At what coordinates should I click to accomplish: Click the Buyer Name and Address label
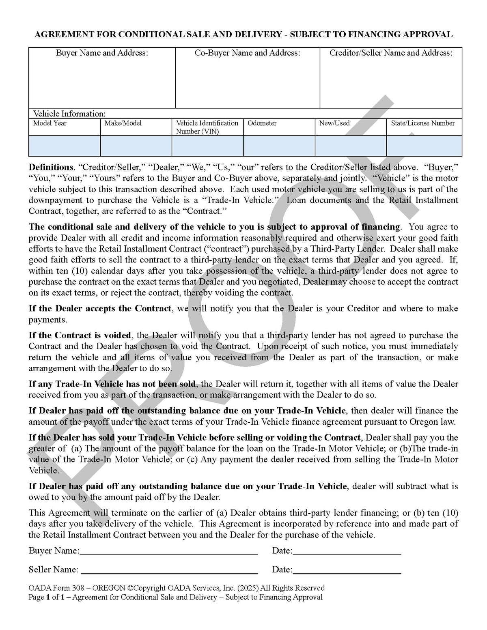(x=102, y=53)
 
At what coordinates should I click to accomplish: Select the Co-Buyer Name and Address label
(x=248, y=53)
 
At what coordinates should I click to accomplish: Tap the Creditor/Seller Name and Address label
(x=391, y=53)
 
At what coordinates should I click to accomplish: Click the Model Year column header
(x=50, y=123)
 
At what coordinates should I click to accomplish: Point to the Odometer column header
(x=262, y=123)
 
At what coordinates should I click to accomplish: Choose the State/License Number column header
(x=423, y=123)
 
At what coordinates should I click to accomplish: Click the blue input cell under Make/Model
(x=136, y=146)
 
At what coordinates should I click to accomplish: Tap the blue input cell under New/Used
(x=351, y=146)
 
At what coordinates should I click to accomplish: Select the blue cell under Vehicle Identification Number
(x=207, y=146)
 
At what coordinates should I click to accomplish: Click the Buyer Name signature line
(x=169, y=551)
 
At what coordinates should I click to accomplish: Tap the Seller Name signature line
(x=169, y=570)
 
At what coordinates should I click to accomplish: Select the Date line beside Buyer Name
(x=347, y=551)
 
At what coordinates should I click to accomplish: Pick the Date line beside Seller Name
(x=347, y=570)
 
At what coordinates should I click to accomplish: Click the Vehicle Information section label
(x=69, y=114)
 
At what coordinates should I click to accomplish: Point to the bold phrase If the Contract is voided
(x=80, y=335)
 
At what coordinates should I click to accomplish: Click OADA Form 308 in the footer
(x=56, y=588)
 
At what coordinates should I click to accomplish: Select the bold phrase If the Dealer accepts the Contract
(x=100, y=309)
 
